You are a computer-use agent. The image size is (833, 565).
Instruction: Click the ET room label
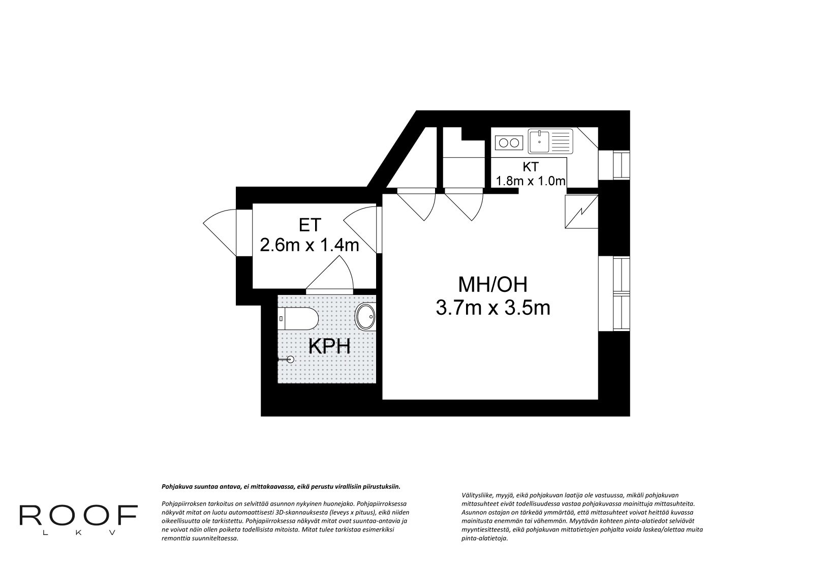310,225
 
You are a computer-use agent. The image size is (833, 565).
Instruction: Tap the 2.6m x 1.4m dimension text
310,245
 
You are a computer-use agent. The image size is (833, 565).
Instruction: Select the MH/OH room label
492,285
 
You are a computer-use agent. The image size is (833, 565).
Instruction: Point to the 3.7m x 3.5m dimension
492,308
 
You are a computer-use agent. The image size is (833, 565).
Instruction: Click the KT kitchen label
531,167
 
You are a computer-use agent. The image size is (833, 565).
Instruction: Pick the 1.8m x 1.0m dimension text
531,181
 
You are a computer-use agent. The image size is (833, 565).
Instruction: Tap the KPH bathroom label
329,347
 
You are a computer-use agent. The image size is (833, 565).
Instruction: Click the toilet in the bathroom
298,318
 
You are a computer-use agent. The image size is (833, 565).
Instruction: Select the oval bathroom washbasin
366,316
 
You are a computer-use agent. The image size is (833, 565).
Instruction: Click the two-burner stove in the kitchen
509,142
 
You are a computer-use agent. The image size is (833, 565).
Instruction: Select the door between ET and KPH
329,274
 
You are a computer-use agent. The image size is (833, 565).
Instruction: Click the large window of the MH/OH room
614,293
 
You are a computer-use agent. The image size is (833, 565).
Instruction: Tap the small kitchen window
614,165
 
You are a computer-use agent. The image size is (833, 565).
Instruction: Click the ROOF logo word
78,515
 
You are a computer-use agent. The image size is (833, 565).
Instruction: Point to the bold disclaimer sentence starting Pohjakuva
281,487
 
